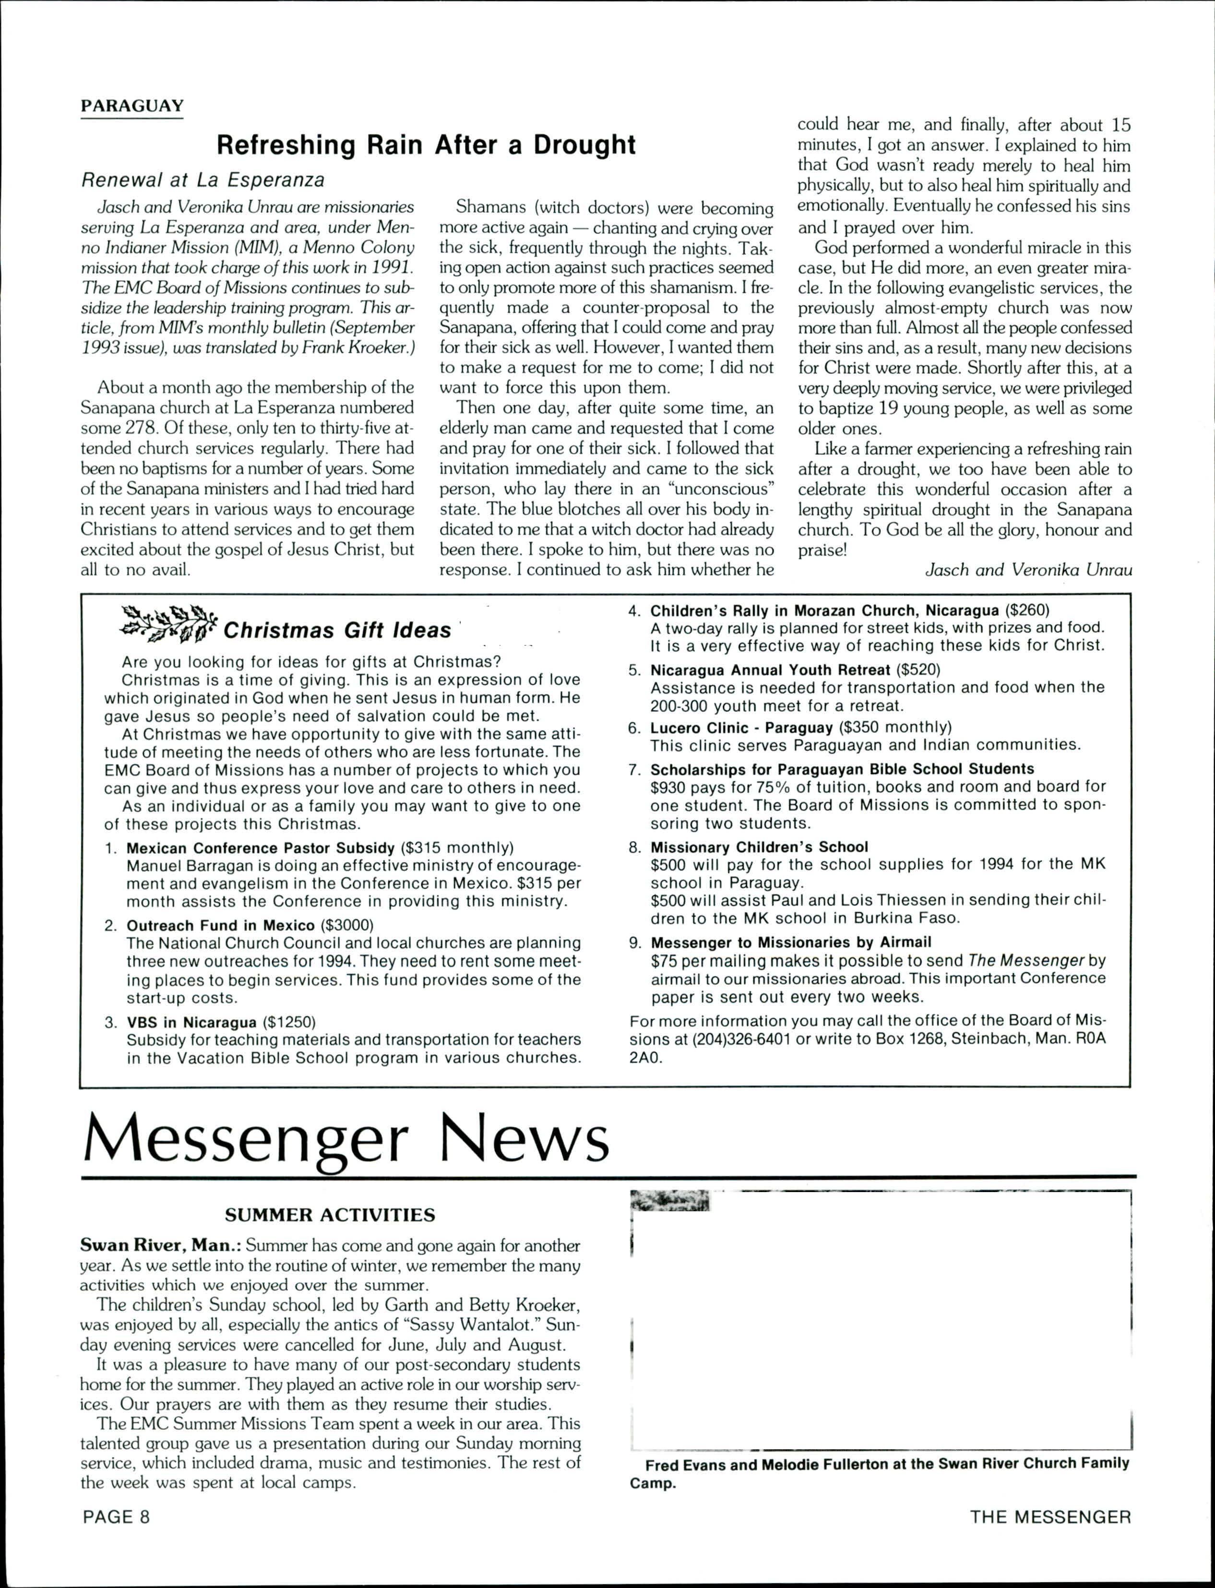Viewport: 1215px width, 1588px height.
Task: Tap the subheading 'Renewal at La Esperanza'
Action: tap(202, 179)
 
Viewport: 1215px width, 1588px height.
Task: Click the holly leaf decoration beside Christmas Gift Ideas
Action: tap(168, 624)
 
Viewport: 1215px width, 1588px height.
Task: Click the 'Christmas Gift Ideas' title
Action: tap(337, 631)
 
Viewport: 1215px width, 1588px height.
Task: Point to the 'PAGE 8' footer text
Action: tap(117, 1516)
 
